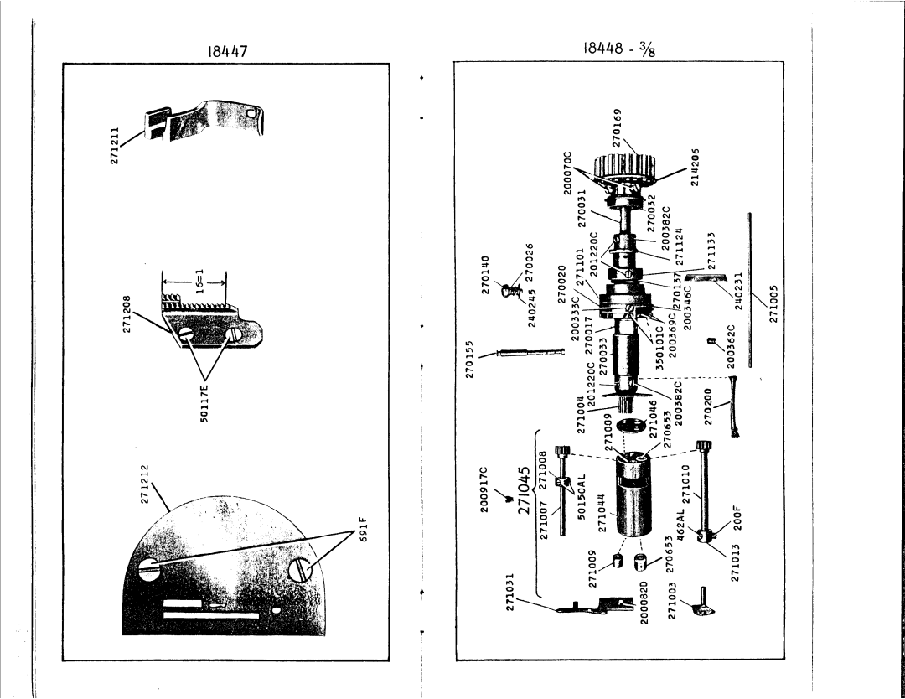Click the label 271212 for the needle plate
tap(142, 484)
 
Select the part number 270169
tap(618, 128)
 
